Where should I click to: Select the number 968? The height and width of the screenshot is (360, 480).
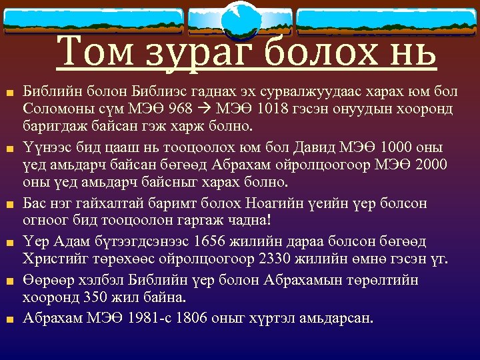[x=164, y=107]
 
